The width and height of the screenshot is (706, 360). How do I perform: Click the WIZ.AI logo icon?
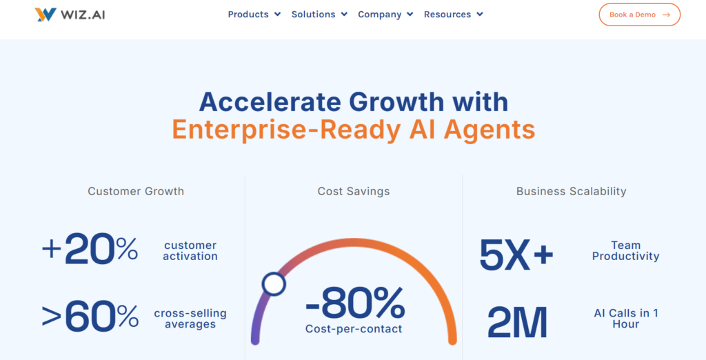click(46, 14)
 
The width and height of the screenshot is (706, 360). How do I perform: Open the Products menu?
click(254, 14)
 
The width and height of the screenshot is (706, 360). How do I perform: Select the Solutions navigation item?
click(320, 14)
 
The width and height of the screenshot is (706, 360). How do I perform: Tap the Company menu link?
click(385, 14)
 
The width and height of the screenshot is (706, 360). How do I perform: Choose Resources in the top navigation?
click(454, 14)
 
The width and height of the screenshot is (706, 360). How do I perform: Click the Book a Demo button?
click(639, 14)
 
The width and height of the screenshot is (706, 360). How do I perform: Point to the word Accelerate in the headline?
click(270, 102)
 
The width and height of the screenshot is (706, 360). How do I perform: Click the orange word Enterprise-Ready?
click(286, 130)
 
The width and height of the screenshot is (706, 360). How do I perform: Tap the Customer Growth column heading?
click(136, 192)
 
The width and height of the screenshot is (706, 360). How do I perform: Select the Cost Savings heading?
click(354, 192)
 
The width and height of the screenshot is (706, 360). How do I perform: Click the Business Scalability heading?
click(572, 192)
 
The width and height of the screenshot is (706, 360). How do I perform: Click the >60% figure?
click(90, 317)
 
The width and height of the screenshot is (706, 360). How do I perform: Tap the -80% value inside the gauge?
click(355, 303)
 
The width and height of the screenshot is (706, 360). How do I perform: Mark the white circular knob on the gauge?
click(274, 284)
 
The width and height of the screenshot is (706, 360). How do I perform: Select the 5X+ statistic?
click(516, 254)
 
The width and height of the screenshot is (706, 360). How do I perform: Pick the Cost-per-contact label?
click(354, 329)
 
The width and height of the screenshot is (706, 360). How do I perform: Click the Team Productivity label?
click(625, 251)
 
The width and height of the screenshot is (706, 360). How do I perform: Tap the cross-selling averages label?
click(190, 319)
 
